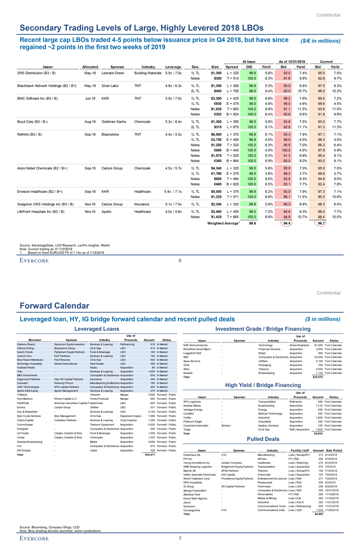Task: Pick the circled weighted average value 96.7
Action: (319, 224)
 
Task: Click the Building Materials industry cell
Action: (148, 72)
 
